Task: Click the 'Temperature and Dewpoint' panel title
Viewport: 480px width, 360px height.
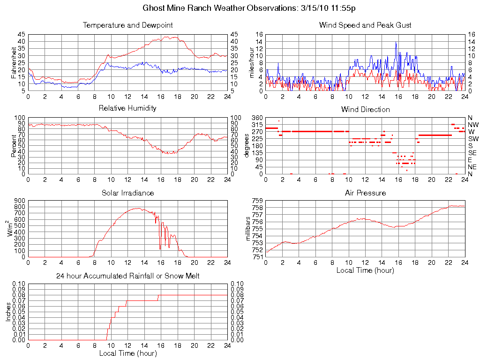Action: click(x=127, y=25)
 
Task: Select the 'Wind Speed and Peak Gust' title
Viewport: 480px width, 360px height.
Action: click(x=365, y=25)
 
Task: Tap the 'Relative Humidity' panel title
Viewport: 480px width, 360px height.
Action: click(x=127, y=108)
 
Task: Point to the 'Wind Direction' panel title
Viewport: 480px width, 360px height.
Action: click(x=365, y=110)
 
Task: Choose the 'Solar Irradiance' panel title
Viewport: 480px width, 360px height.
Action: click(x=127, y=193)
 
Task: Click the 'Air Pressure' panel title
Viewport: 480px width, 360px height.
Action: click(x=365, y=193)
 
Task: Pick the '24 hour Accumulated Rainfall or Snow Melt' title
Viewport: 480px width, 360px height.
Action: click(x=127, y=276)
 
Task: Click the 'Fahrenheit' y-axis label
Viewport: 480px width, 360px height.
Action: click(x=14, y=62)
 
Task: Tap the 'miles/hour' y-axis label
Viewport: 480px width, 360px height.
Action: click(x=251, y=62)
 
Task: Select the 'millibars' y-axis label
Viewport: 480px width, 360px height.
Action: click(x=249, y=228)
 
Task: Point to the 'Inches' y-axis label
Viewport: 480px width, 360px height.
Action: click(x=8, y=312)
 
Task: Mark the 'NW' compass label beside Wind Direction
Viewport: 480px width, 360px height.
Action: click(x=473, y=125)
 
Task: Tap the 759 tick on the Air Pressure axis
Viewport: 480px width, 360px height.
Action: click(x=257, y=201)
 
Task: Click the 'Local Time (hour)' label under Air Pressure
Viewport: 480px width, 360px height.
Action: click(x=365, y=270)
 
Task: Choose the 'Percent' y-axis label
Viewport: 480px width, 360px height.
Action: click(x=14, y=145)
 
